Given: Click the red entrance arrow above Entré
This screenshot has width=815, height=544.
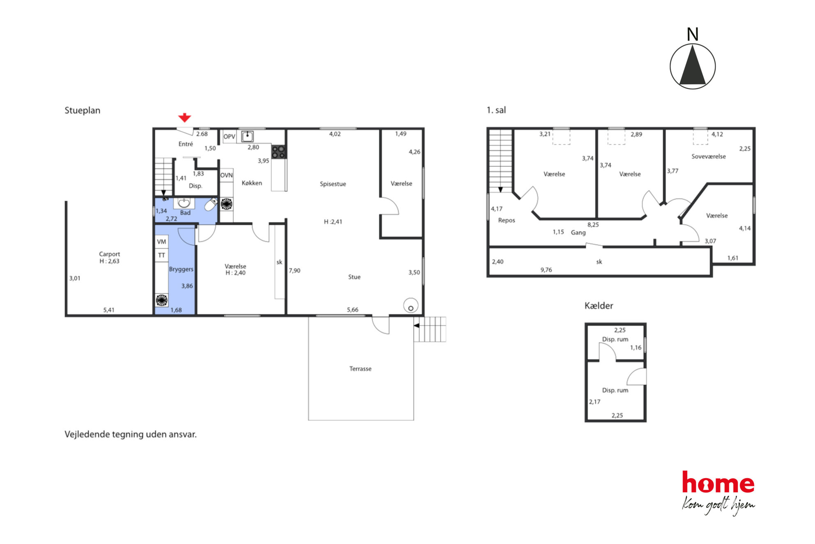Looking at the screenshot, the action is tap(184, 118).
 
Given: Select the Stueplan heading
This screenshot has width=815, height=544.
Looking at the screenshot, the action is tap(82, 110).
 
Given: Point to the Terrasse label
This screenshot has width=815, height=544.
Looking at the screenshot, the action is tap(360, 369).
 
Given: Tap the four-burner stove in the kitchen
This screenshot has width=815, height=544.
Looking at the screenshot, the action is tap(278, 152).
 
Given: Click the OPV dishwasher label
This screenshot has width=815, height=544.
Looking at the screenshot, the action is tap(229, 137).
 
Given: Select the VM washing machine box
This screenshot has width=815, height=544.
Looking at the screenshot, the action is tap(161, 242).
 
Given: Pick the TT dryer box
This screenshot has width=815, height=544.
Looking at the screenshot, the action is tap(161, 255).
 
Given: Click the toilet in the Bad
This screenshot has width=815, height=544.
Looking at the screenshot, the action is tap(211, 204).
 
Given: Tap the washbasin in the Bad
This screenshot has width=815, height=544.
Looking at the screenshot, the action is tap(184, 203).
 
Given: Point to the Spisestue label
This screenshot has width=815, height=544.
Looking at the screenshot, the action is tap(333, 184).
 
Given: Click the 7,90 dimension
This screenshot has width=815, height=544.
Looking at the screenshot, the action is tap(295, 271).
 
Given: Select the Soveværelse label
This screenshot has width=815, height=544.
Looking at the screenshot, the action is tap(708, 157).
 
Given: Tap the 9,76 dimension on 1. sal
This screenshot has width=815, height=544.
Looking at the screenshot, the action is tap(546, 270).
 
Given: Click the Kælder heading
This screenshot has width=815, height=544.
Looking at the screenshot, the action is tap(599, 306).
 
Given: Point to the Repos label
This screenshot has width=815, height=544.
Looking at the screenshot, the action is tap(506, 220).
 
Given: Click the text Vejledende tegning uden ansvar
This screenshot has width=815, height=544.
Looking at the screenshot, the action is tap(131, 434).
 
